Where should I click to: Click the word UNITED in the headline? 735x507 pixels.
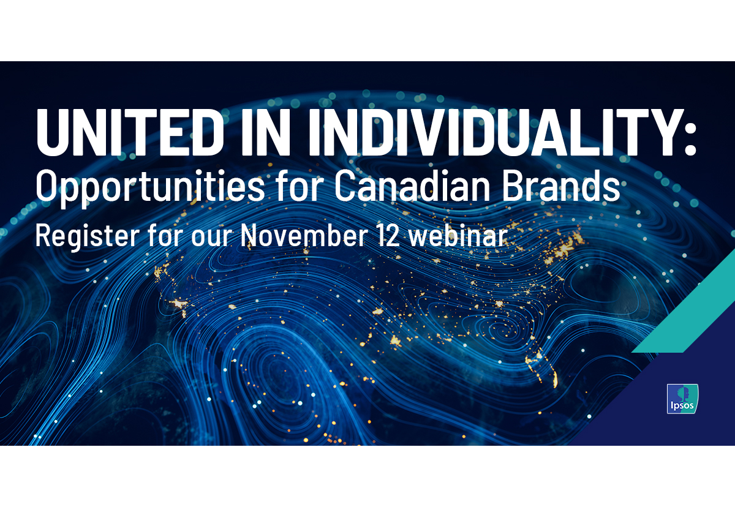[128, 132]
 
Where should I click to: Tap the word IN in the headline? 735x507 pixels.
[266, 132]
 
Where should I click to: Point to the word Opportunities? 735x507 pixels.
[150, 187]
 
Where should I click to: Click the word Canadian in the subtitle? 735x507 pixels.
[412, 186]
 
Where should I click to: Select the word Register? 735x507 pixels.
[88, 236]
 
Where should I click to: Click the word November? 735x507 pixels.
[304, 235]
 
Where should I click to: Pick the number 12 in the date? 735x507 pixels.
[388, 235]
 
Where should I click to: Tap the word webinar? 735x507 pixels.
[458, 235]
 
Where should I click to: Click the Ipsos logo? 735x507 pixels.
[682, 399]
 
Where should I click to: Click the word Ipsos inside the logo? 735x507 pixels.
[682, 407]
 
